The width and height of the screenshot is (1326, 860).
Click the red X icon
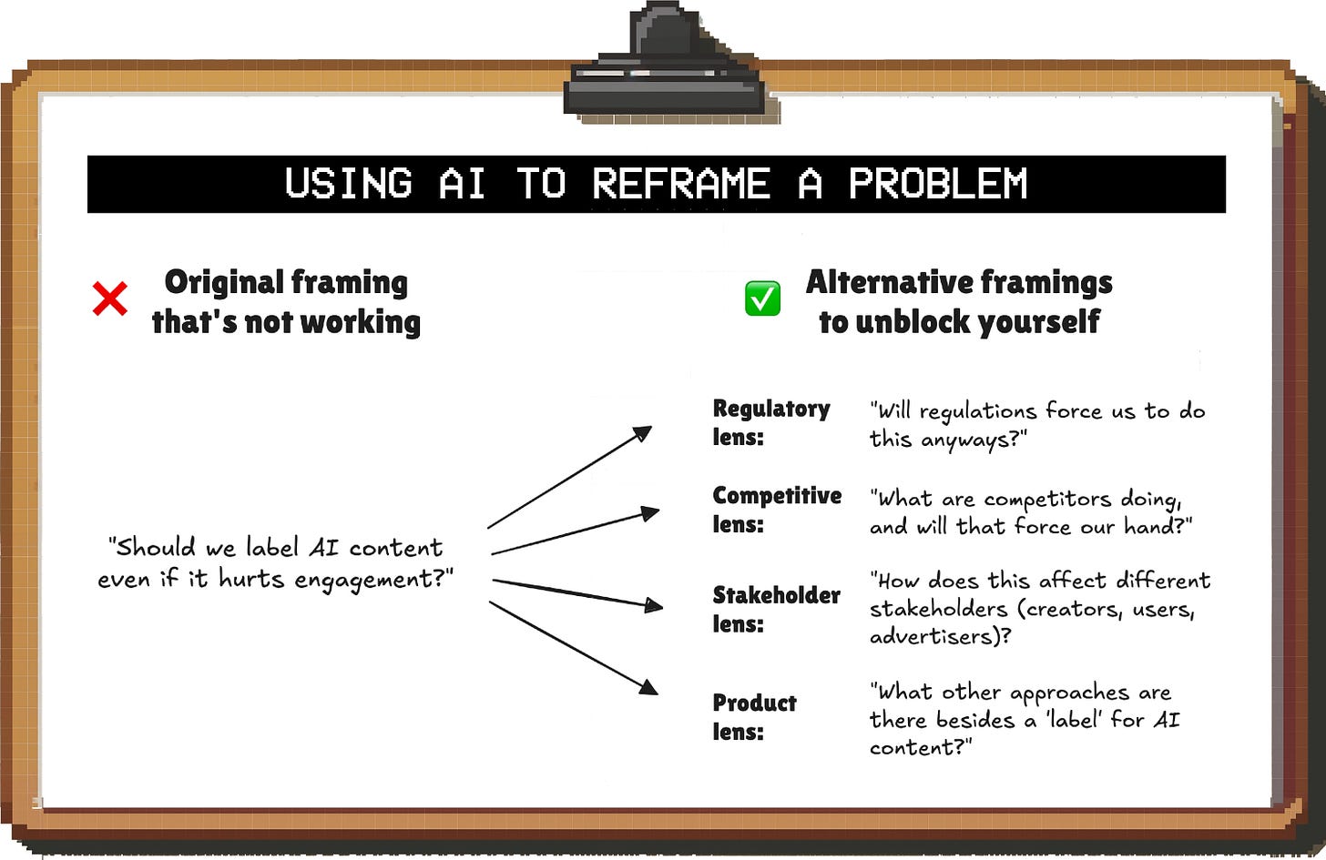[110, 298]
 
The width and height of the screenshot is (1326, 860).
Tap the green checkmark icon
[762, 298]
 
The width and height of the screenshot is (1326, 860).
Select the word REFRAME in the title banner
[681, 184]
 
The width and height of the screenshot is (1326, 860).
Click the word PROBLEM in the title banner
[938, 184]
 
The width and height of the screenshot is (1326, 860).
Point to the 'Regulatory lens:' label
[770, 422]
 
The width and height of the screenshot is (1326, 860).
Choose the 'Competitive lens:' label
[776, 510]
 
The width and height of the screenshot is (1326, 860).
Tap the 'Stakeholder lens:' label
[776, 609]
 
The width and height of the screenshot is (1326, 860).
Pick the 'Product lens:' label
[754, 717]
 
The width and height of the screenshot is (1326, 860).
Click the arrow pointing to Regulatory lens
[569, 477]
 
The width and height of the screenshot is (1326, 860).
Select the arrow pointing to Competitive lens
[574, 532]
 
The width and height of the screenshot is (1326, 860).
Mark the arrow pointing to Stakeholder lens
[576, 592]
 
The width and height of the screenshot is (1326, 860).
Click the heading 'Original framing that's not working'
[286, 302]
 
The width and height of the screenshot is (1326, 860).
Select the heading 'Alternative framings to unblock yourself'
[959, 302]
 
